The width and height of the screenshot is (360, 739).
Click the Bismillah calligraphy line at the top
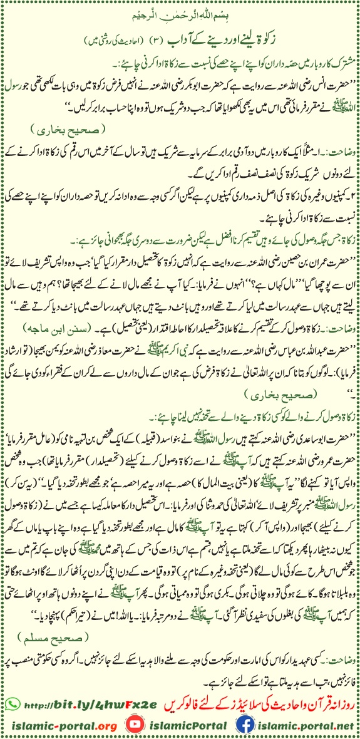(180, 13)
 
